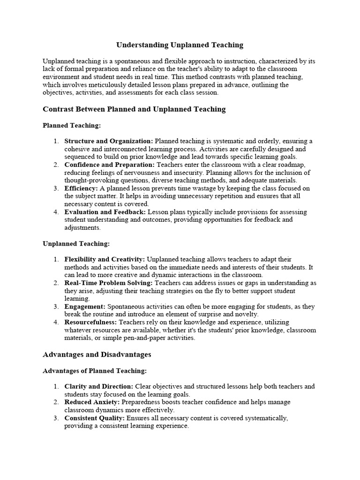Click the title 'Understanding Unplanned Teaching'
(x=180, y=45)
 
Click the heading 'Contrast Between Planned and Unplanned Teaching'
(x=134, y=109)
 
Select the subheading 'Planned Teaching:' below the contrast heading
(x=72, y=126)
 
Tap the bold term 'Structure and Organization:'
(x=109, y=141)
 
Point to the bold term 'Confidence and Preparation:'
(x=109, y=165)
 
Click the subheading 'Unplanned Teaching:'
(x=76, y=244)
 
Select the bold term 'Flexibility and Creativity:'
(x=105, y=259)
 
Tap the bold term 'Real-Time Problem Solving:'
(x=108, y=283)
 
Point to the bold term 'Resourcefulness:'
(x=91, y=322)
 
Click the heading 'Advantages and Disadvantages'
(x=97, y=354)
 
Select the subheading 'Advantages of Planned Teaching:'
(x=95, y=371)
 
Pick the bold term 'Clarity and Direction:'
(x=99, y=387)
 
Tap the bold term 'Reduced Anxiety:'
(x=92, y=402)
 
